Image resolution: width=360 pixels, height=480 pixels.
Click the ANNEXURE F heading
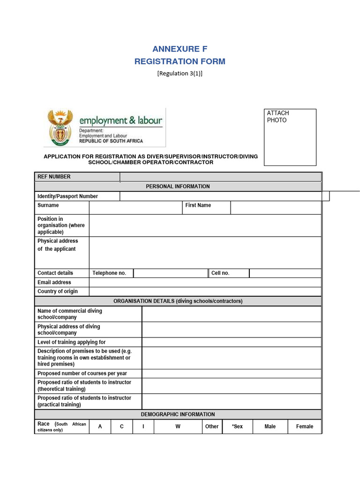pos(180,49)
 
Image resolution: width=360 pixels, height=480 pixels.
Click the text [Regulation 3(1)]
pos(180,73)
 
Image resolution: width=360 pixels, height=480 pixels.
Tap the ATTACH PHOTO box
pos(290,137)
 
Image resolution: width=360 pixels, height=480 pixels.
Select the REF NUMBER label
pos(54,177)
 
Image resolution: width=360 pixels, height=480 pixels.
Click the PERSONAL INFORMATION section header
pos(178,187)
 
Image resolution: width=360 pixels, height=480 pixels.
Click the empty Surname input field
pos(135,208)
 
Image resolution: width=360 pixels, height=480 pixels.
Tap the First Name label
pos(198,205)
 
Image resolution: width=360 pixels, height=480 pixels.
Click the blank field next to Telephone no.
pos(171,273)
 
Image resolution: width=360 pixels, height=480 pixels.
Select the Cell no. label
pos(220,273)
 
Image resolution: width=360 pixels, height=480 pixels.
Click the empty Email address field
pos(205,283)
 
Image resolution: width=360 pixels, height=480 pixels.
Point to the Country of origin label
pos(58,292)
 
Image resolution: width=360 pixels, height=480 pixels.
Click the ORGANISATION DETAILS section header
pos(178,301)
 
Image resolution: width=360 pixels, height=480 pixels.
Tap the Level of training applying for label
pos(72,342)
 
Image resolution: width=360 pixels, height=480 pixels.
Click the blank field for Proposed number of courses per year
pos(232,374)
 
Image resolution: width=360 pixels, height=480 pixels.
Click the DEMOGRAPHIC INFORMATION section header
pos(178,414)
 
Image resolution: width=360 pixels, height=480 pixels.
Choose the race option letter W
pos(178,427)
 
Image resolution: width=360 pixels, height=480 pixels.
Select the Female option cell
pos(304,427)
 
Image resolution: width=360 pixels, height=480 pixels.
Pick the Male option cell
pos(270,427)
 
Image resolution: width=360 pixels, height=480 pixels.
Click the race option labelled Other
pos(212,427)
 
